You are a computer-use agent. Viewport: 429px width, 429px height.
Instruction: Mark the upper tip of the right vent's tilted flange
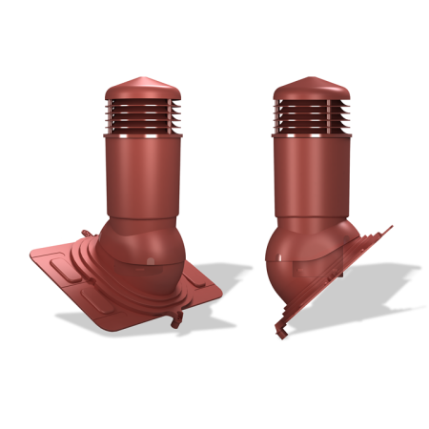tap(390, 227)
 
